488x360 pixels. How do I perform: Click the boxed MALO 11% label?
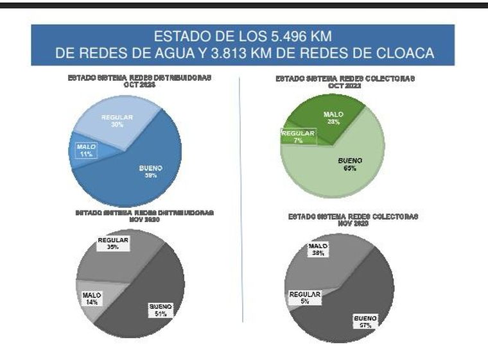click(x=86, y=151)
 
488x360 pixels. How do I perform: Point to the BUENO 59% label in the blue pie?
click(x=151, y=171)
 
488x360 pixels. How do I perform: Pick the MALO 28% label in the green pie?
click(x=333, y=118)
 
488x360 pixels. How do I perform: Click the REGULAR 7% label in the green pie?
click(x=299, y=137)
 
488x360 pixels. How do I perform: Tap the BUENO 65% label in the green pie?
click(x=350, y=164)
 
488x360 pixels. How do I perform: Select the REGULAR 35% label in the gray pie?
click(x=113, y=244)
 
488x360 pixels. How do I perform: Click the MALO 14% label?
click(x=92, y=298)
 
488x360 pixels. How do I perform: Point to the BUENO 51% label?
click(x=160, y=310)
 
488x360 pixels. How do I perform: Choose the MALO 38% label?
click(x=318, y=249)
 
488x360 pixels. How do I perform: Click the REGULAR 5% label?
click(x=304, y=297)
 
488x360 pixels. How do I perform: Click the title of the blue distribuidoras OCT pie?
click(x=139, y=81)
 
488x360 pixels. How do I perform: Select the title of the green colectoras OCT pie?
click(x=345, y=81)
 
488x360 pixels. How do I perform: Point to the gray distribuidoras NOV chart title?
click(x=144, y=216)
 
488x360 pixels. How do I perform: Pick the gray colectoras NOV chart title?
click(x=353, y=220)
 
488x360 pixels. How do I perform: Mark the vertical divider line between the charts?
click(x=241, y=199)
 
